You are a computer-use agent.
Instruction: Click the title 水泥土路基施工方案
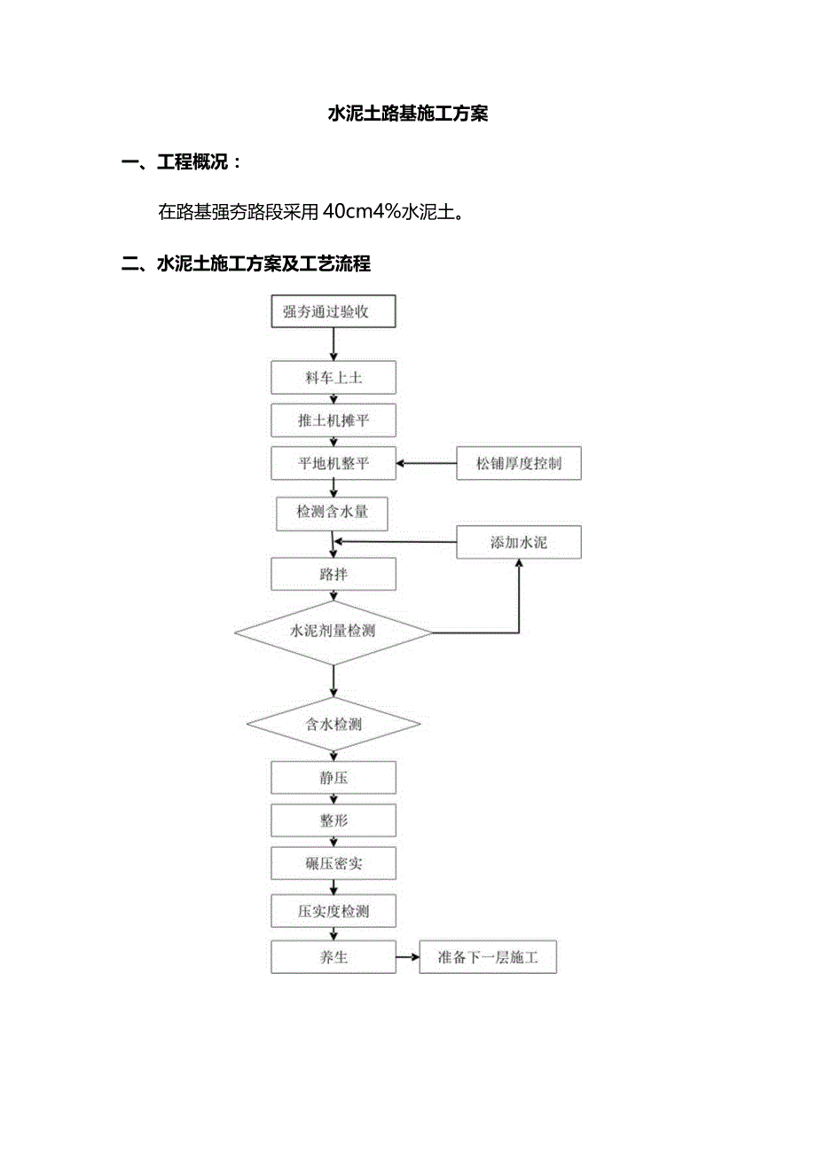(408, 114)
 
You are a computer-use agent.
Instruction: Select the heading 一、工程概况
(182, 162)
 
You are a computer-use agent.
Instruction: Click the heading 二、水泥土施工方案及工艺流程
(246, 263)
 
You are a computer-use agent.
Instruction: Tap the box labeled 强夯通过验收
(333, 311)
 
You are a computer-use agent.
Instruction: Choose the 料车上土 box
(333, 378)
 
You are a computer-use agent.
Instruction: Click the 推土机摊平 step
(333, 420)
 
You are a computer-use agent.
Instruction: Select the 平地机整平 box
(333, 463)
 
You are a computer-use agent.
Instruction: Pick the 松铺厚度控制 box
(519, 463)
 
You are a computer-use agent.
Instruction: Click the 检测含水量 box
(333, 512)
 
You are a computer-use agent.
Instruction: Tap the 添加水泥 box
(519, 542)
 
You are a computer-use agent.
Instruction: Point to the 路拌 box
(333, 574)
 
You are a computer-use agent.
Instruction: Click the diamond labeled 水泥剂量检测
(333, 632)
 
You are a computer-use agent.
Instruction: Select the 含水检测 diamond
(333, 724)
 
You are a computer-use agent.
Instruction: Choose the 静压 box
(333, 778)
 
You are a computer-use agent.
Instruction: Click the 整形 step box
(333, 820)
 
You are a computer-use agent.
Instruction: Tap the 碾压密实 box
(333, 863)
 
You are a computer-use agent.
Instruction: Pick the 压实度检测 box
(333, 911)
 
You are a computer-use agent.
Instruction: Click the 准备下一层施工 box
(488, 958)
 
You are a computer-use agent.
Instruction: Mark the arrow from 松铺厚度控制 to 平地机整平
(426, 463)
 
